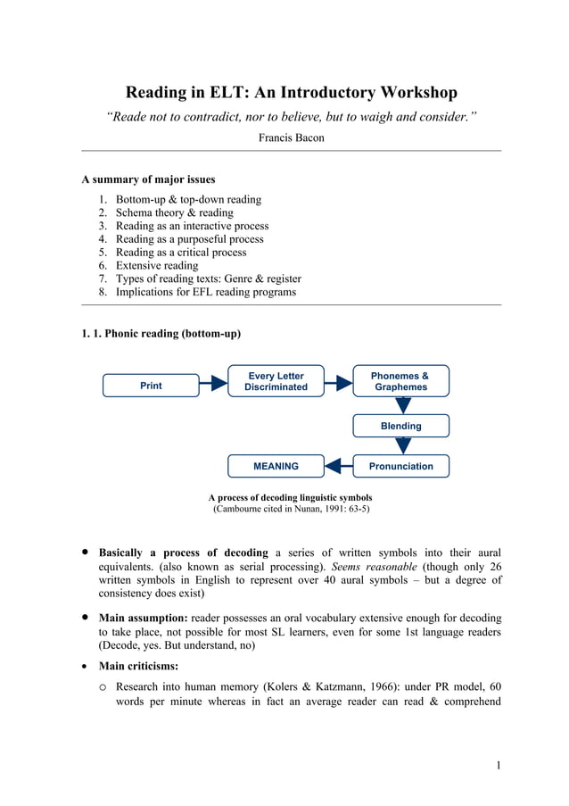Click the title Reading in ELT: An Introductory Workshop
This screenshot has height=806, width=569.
(x=291, y=92)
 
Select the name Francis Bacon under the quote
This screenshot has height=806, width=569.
(x=291, y=137)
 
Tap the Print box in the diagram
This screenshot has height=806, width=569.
(x=151, y=386)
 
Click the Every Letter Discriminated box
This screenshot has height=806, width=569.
(x=276, y=381)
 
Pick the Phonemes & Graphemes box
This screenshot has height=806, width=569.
(x=400, y=381)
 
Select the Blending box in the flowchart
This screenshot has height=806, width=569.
(x=400, y=426)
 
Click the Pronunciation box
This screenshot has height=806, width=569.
(x=400, y=466)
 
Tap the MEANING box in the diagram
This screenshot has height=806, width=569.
(x=276, y=466)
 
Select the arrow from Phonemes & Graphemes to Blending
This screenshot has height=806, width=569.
(x=403, y=405)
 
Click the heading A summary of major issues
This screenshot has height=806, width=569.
(x=148, y=179)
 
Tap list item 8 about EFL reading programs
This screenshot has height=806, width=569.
(x=206, y=292)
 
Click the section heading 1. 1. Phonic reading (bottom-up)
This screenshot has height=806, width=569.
(x=161, y=334)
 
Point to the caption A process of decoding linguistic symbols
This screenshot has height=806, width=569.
(x=290, y=497)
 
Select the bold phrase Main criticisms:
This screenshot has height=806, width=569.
(x=138, y=666)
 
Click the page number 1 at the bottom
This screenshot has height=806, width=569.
(x=498, y=764)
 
